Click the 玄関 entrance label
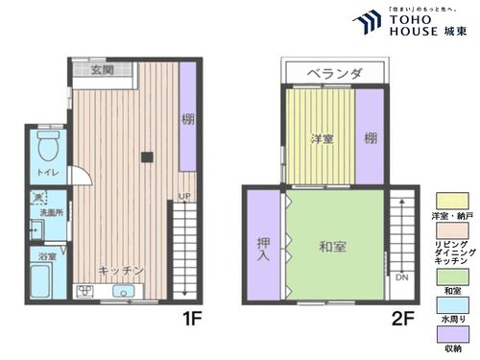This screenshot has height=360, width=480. tap(104, 70)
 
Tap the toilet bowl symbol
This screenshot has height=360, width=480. tap(48, 147)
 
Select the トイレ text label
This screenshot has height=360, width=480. tap(47, 172)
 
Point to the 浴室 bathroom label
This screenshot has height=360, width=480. tap(47, 256)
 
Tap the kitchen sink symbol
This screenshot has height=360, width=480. tap(123, 292)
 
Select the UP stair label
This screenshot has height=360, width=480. tap(183, 199)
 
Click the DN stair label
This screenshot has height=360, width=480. tap(401, 277)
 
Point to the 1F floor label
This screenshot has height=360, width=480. tap(188, 313)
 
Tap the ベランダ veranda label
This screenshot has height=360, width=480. tap(335, 73)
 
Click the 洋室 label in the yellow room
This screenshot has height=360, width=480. tap(321, 139)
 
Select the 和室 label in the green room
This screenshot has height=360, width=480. tap(332, 247)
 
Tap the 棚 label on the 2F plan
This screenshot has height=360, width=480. tap(370, 137)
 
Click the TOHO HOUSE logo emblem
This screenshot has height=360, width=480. tap(367, 21)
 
